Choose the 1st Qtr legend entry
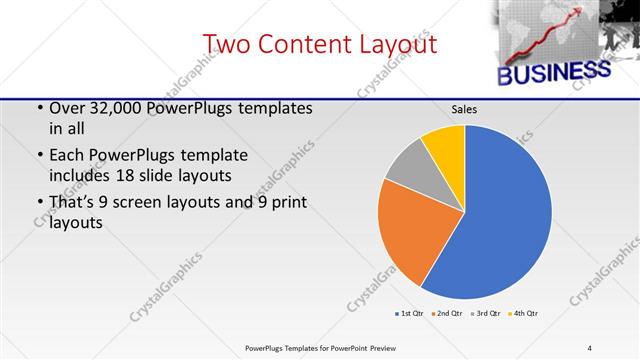pos(410,314)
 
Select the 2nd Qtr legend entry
pos(445,314)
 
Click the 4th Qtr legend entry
pos(524,314)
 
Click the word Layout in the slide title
pos(391,44)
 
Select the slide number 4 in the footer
pos(589,347)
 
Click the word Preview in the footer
pos(378,347)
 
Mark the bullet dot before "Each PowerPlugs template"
pos(39,156)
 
